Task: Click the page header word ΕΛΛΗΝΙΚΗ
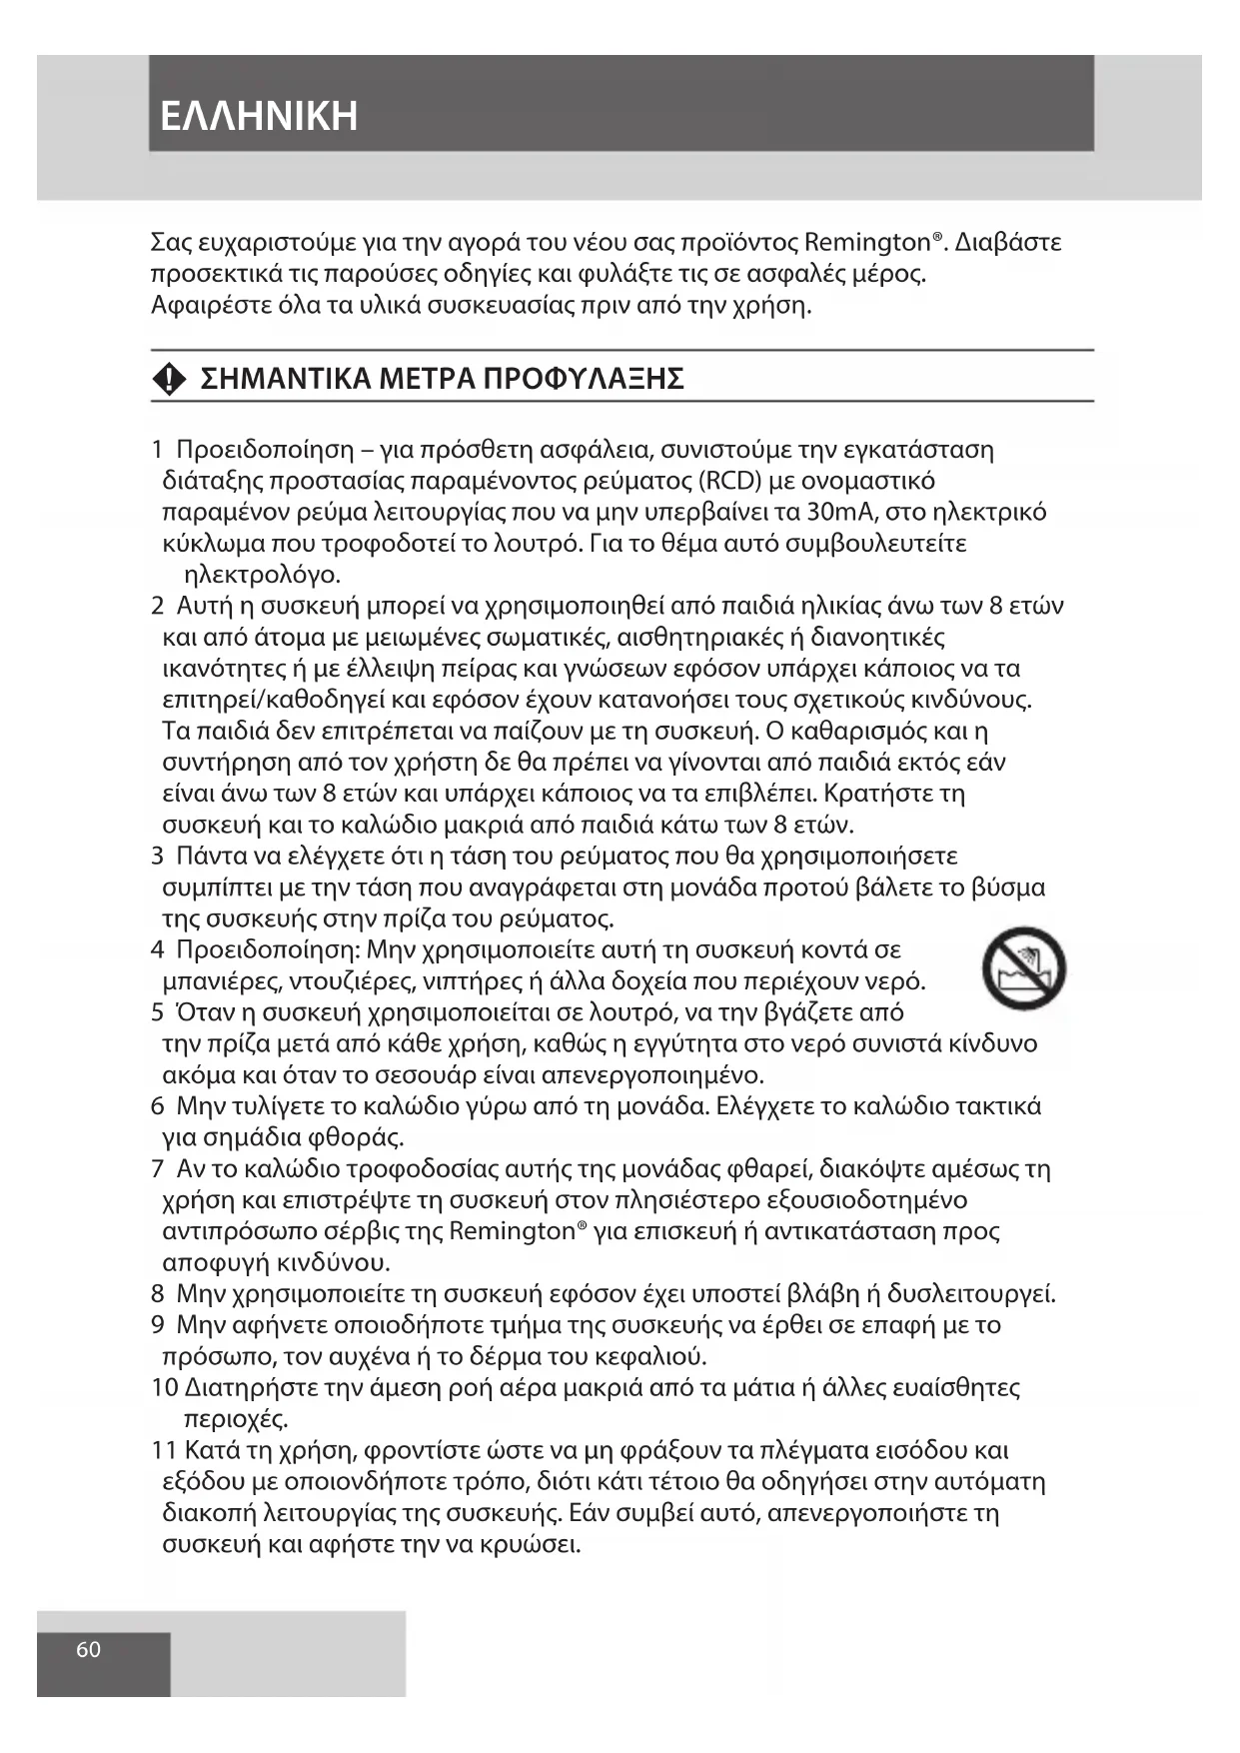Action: pyautogui.click(x=259, y=116)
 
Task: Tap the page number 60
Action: pyautogui.click(x=88, y=1650)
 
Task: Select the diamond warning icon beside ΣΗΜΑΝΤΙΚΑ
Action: pyautogui.click(x=170, y=379)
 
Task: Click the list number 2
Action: pyautogui.click(x=158, y=607)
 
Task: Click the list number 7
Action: pyautogui.click(x=158, y=1169)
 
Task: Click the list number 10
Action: pyautogui.click(x=165, y=1388)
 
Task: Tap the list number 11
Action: pyautogui.click(x=165, y=1450)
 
